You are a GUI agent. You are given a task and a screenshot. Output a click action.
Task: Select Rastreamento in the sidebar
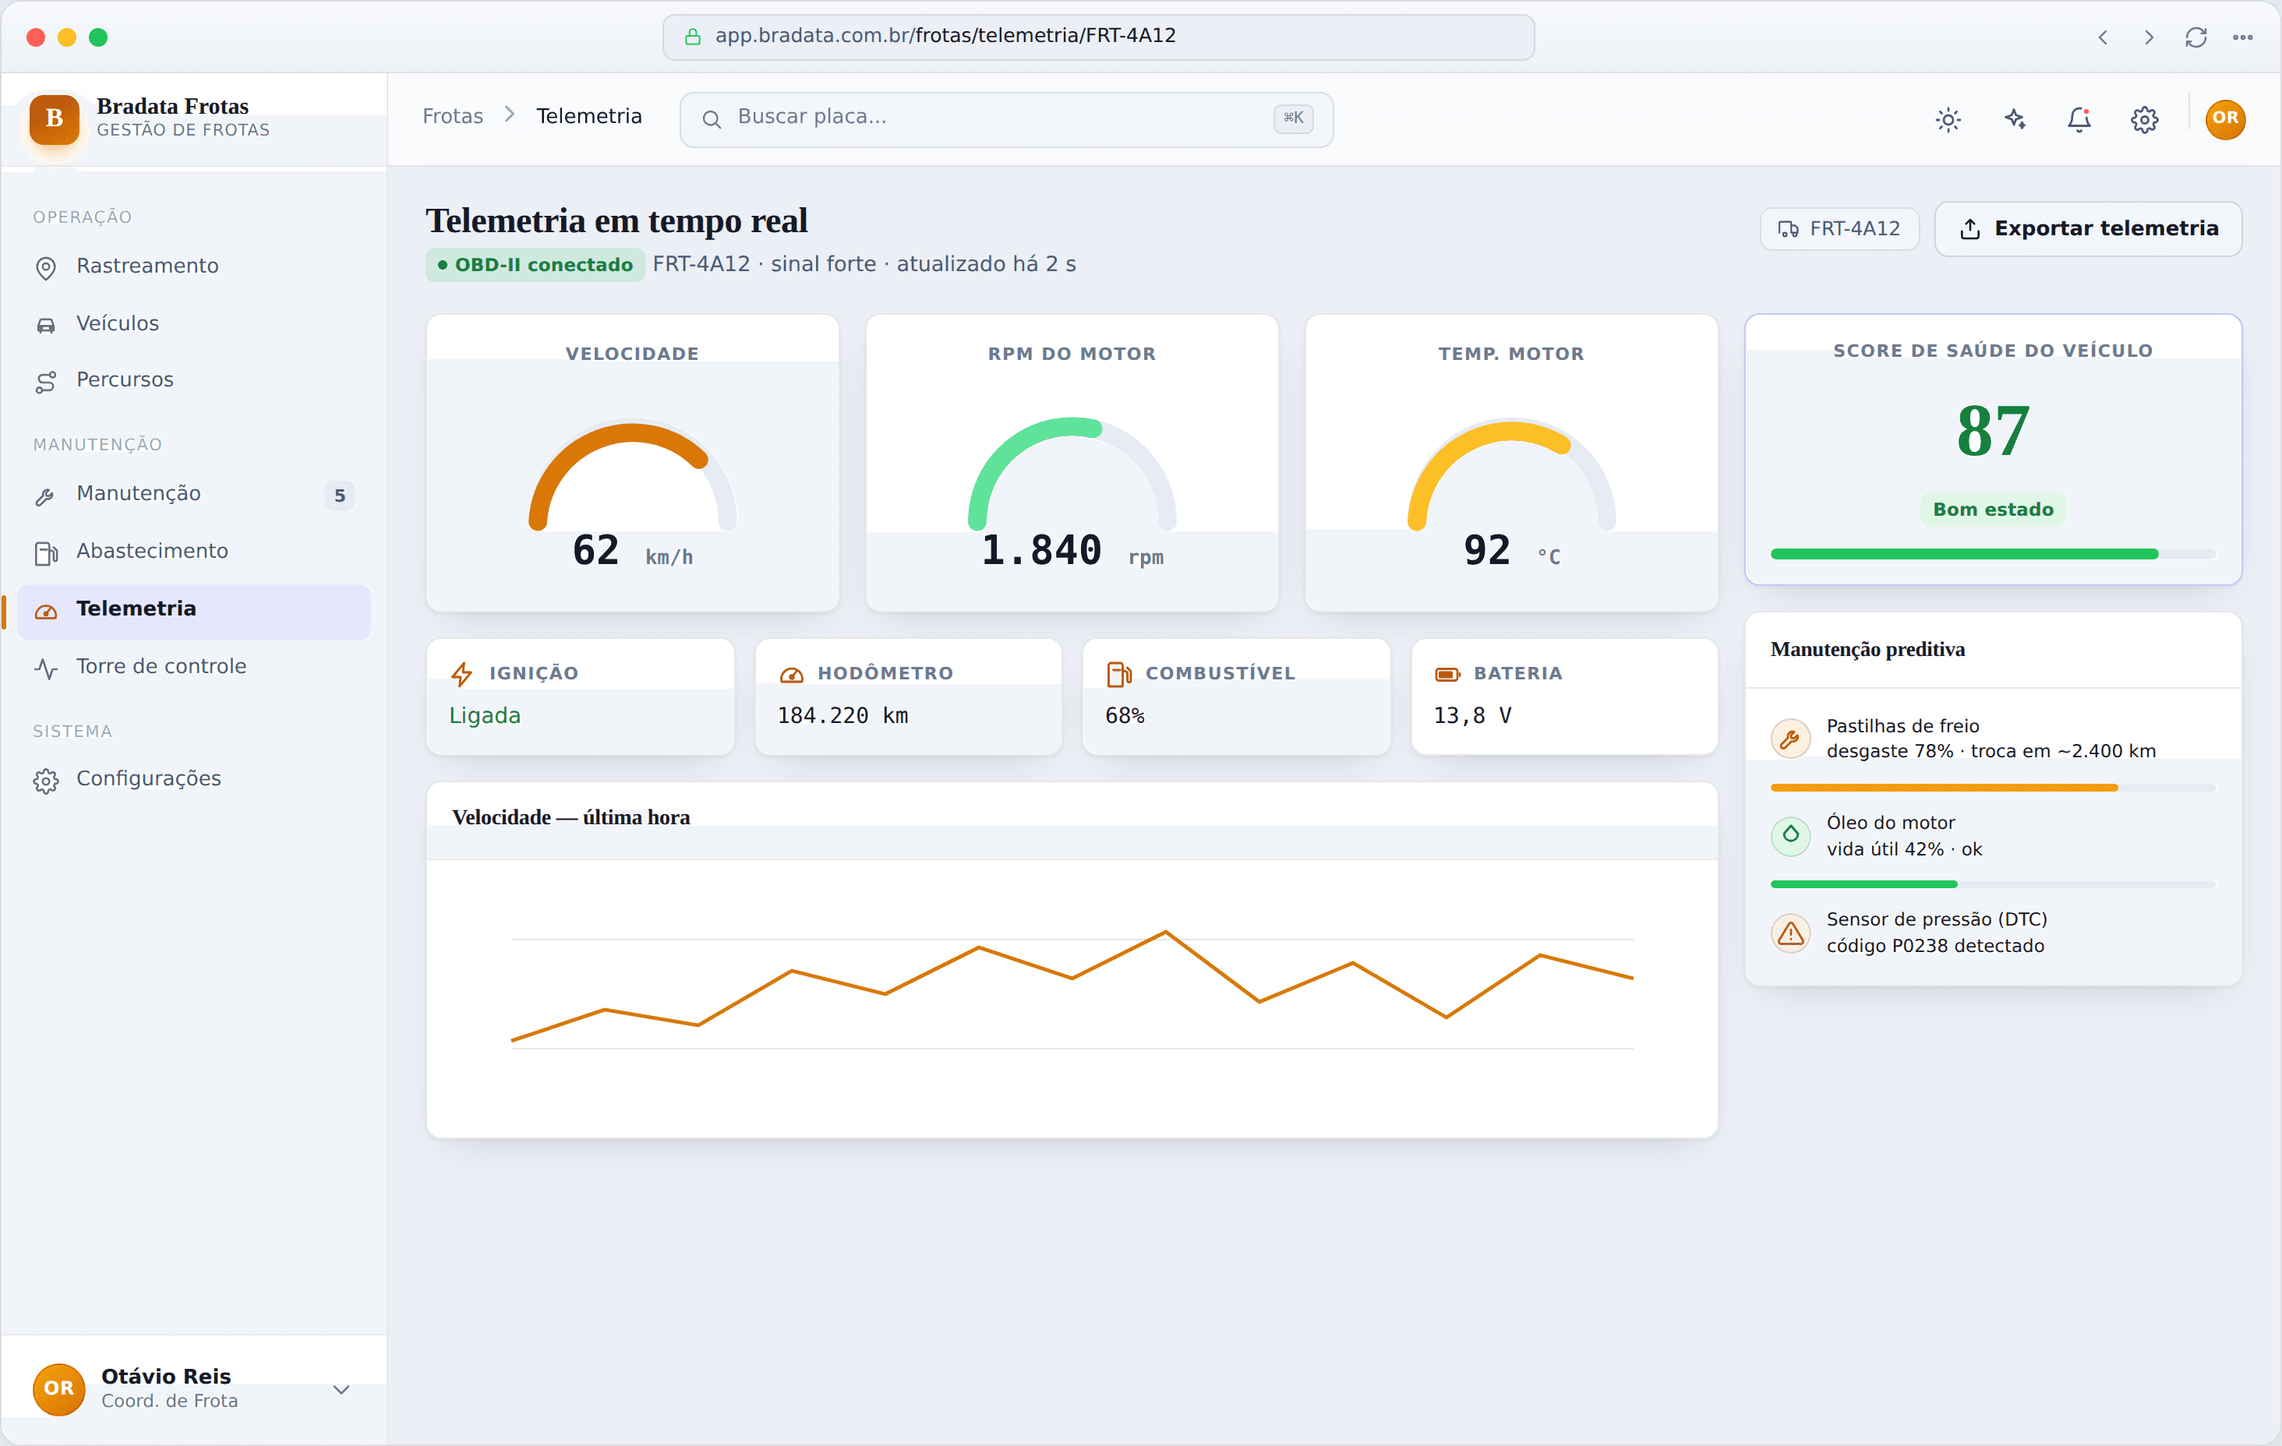[x=147, y=266]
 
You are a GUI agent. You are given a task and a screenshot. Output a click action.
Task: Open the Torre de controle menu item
[x=161, y=666]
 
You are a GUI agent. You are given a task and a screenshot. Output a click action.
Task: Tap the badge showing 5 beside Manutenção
[x=339, y=496]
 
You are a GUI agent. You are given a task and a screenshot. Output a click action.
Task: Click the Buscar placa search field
[x=1005, y=118]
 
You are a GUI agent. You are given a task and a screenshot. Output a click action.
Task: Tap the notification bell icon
[x=2079, y=119]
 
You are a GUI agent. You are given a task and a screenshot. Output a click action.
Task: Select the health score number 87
[x=1993, y=431]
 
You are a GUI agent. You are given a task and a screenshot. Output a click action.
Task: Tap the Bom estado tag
[x=1993, y=510]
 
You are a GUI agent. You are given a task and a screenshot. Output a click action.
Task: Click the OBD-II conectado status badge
[x=535, y=264]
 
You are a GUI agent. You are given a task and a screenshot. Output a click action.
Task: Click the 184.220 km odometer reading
[x=843, y=715]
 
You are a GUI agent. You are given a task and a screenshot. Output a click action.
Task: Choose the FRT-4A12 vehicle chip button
[x=1839, y=228]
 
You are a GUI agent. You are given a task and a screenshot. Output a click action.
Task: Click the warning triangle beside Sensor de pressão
[x=1790, y=933]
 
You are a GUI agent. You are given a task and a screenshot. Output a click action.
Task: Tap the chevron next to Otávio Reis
[x=341, y=1389]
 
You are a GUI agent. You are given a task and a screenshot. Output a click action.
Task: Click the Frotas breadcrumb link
[x=453, y=117]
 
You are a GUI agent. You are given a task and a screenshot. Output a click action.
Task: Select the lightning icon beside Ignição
[x=461, y=674]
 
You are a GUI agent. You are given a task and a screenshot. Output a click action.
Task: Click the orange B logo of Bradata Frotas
[x=54, y=118]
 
